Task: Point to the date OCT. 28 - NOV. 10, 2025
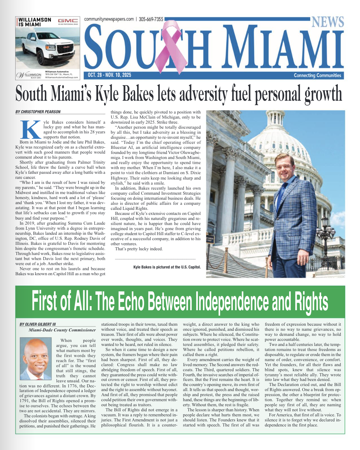(x=109, y=75)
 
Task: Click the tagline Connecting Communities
(x=317, y=75)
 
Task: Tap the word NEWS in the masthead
(x=327, y=22)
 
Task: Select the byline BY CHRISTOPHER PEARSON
(x=38, y=112)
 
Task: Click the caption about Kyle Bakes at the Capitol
(x=167, y=267)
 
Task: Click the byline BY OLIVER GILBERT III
(x=38, y=324)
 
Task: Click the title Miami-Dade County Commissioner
(x=62, y=330)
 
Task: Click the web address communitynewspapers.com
(x=109, y=19)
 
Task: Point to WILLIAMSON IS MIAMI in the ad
(x=35, y=22)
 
